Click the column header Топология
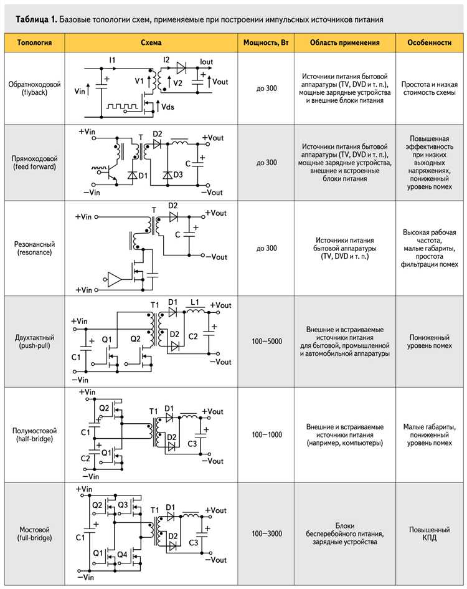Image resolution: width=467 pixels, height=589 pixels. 34,43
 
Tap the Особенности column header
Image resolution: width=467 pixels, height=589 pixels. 429,43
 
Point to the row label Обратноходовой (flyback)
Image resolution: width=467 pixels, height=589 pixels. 34,88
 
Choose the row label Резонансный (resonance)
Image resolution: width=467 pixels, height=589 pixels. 34,247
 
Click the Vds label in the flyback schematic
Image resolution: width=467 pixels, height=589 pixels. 167,107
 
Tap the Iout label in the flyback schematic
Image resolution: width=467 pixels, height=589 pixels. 207,61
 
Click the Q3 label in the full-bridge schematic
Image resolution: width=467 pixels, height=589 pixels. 123,504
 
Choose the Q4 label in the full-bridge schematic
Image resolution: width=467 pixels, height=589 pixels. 123,553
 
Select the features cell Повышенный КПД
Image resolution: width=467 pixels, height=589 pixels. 429,534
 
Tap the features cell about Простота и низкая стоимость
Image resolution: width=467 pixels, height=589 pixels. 429,89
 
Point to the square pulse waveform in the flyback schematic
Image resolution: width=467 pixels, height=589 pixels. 122,107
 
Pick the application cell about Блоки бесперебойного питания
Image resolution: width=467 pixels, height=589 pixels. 347,534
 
